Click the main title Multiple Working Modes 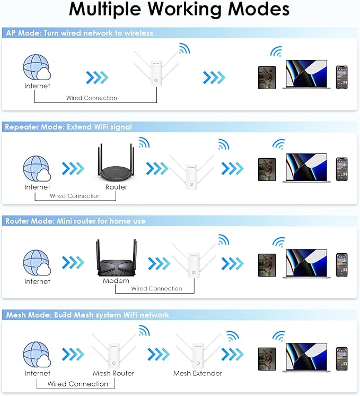(179, 10)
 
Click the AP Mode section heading (80, 33)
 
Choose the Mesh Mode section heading (88, 315)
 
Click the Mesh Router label (113, 373)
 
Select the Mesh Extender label (198, 373)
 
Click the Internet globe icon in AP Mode (37, 69)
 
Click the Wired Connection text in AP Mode (92, 98)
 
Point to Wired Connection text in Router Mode (156, 289)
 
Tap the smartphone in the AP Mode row (341, 77)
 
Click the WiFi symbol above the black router (144, 142)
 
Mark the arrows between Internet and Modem (73, 263)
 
